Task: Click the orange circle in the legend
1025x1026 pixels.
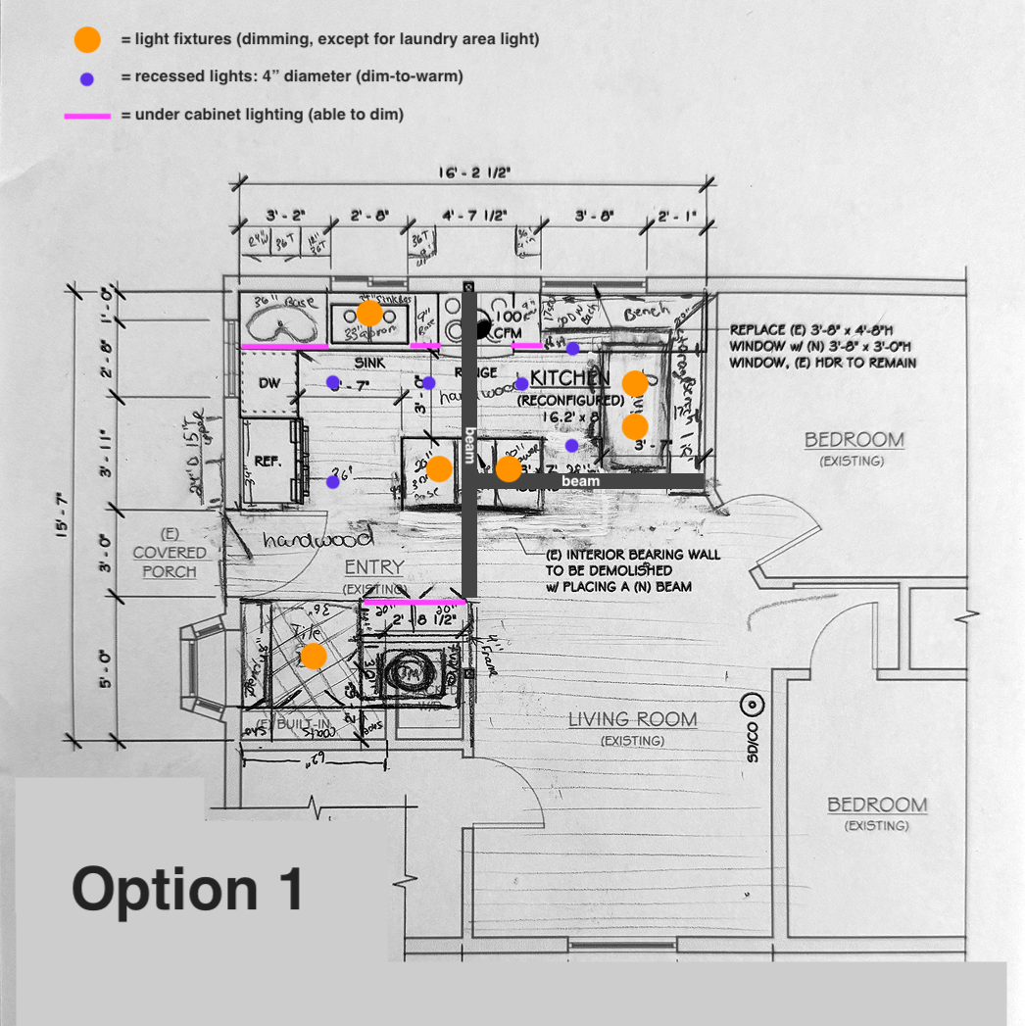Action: pyautogui.click(x=87, y=40)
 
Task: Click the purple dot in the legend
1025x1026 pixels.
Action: pyautogui.click(x=87, y=78)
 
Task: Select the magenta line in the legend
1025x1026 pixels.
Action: pyautogui.click(x=87, y=116)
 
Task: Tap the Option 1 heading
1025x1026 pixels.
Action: pyautogui.click(x=187, y=890)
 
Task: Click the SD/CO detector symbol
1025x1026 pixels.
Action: pyautogui.click(x=752, y=704)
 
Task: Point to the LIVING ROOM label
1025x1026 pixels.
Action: pyautogui.click(x=633, y=719)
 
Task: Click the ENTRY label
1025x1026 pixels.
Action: pyautogui.click(x=374, y=567)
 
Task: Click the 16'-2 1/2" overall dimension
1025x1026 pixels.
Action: pyautogui.click(x=474, y=172)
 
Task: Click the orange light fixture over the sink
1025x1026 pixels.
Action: pyautogui.click(x=369, y=313)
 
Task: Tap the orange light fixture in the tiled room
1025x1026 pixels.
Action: pyautogui.click(x=313, y=656)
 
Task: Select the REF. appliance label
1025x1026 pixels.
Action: pyautogui.click(x=268, y=461)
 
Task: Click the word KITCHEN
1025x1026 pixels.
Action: pyautogui.click(x=570, y=378)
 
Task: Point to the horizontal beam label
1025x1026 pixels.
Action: pyautogui.click(x=580, y=482)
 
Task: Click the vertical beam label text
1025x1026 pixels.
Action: pyautogui.click(x=469, y=444)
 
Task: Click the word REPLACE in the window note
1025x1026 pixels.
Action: pyautogui.click(x=759, y=330)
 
